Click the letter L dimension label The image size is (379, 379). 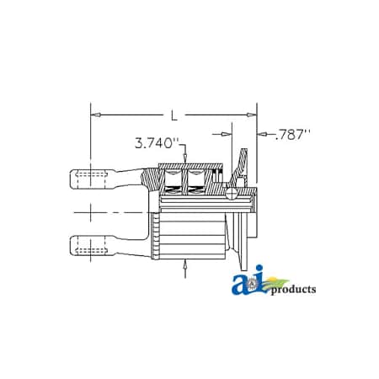(173, 112)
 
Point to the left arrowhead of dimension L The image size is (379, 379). (94, 112)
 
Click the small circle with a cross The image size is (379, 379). (231, 193)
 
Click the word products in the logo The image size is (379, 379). (291, 290)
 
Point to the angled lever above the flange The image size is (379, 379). (243, 161)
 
